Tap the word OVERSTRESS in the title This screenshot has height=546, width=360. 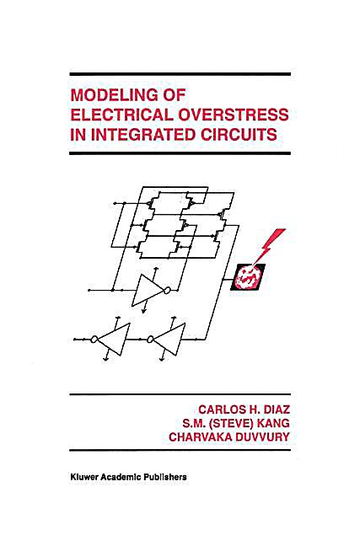[234, 115]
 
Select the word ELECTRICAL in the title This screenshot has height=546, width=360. [121, 115]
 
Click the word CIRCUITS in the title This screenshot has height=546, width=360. [239, 135]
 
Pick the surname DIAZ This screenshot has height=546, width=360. [277, 409]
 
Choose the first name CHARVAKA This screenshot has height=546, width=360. [197, 437]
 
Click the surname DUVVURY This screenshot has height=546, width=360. [260, 437]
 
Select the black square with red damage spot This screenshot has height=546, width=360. [248, 277]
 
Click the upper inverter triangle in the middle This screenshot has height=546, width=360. [148, 291]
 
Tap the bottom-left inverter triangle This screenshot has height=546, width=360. [113, 340]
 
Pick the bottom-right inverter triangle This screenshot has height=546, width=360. [169, 340]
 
